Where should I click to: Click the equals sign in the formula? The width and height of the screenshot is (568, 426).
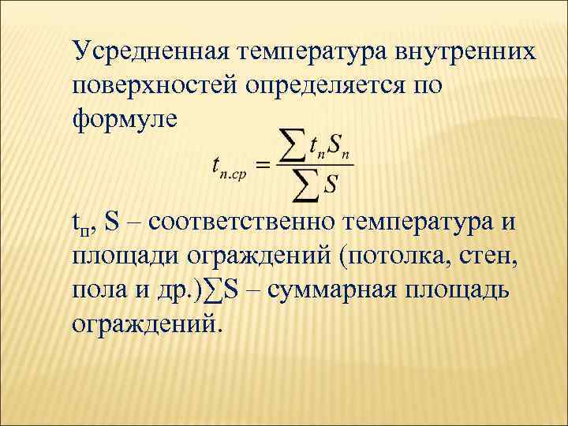click(263, 165)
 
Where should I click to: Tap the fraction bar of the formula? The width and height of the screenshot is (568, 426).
click(314, 165)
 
